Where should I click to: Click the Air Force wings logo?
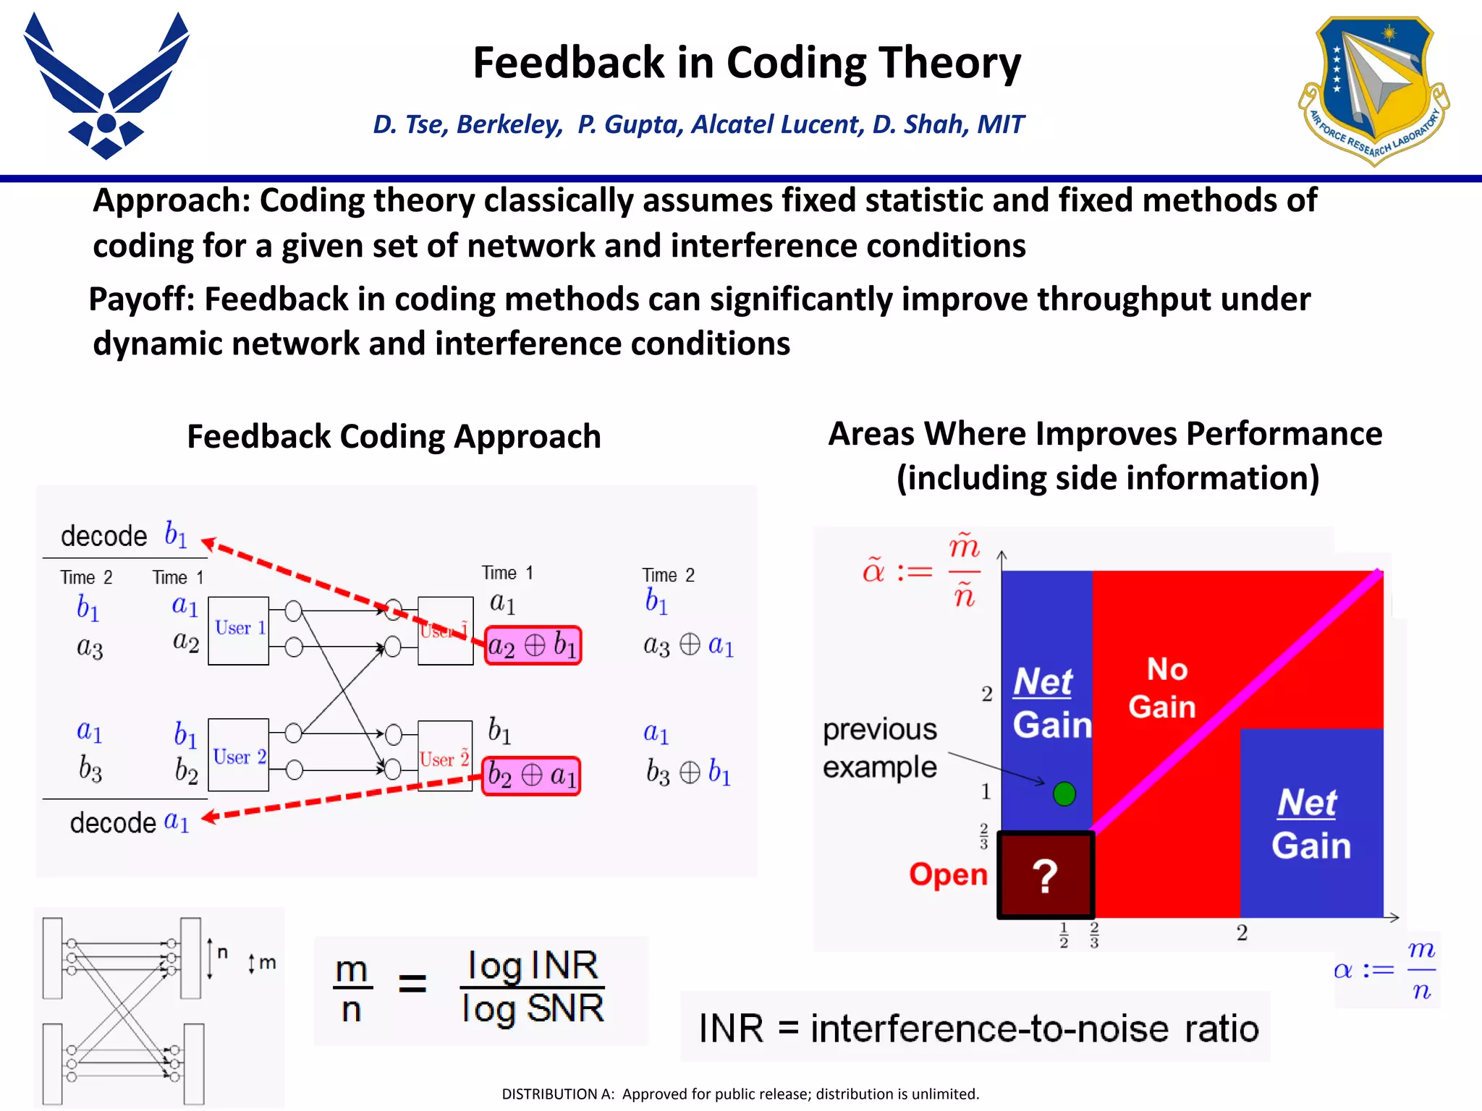coord(106,85)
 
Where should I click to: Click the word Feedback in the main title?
coord(568,62)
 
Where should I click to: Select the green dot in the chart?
coord(1064,793)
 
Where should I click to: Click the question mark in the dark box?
coord(1045,876)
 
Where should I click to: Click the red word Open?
coord(948,874)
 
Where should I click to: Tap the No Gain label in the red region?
coord(1163,688)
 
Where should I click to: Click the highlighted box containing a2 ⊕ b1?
coord(533,645)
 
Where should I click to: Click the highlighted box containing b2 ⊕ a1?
coord(531,776)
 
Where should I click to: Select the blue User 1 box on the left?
coord(238,630)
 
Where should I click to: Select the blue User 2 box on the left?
coord(238,755)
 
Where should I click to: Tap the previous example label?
coord(879,748)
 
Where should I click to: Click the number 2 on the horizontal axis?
coord(1242,933)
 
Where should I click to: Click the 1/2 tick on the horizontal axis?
coord(1064,935)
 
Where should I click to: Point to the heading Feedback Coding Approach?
coord(394,436)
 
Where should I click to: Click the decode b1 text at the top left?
coord(124,535)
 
